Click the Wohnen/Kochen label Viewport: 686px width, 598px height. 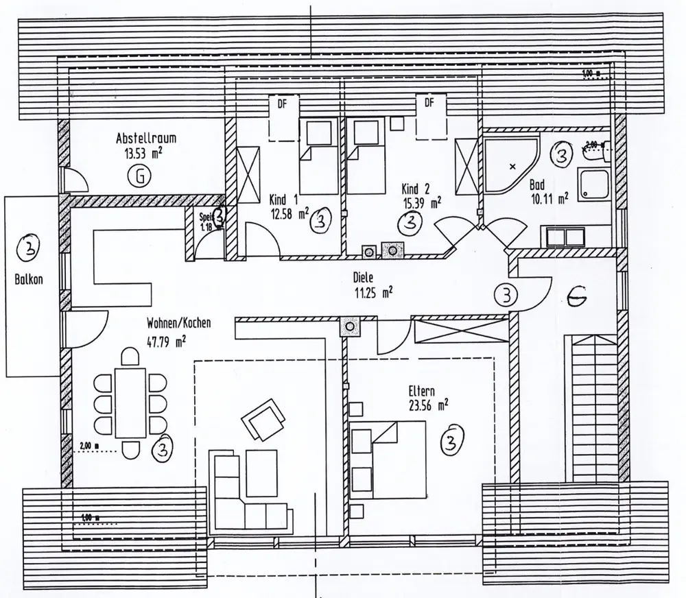pos(178,322)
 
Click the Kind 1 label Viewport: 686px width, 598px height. pos(284,199)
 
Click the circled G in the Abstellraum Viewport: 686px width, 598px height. pos(139,178)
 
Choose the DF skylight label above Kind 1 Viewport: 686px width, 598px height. pos(281,104)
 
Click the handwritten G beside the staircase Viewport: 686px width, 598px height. pos(577,296)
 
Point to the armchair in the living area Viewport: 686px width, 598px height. pos(263,418)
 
